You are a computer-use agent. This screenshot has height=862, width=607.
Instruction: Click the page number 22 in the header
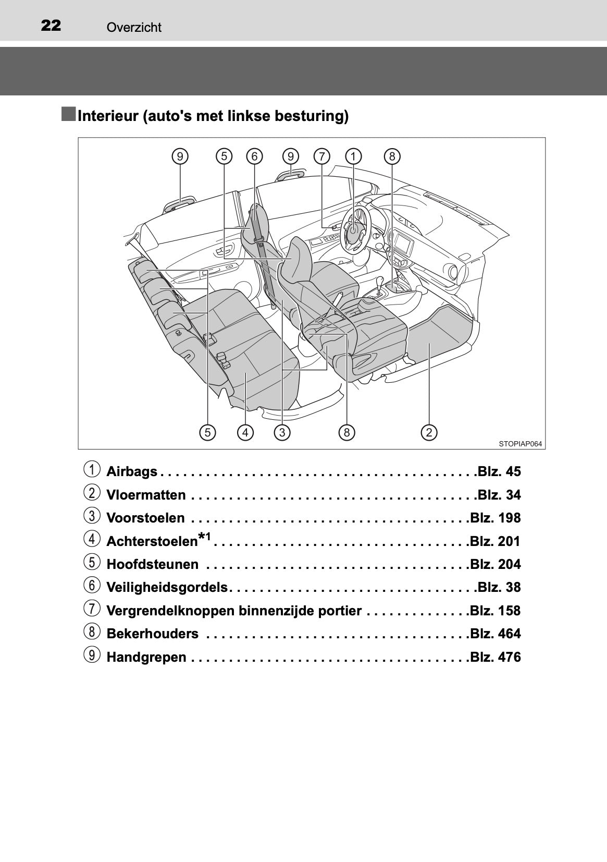click(x=51, y=26)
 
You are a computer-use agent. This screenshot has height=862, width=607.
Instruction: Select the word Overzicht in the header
click(x=134, y=27)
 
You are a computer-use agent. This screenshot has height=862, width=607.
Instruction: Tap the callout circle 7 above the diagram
click(x=322, y=156)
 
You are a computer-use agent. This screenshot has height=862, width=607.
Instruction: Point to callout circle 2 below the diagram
click(x=429, y=432)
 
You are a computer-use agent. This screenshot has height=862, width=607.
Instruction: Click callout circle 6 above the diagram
click(x=254, y=156)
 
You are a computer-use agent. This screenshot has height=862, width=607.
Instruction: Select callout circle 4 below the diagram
click(x=245, y=432)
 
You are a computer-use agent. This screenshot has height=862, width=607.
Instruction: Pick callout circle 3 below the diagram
click(x=282, y=432)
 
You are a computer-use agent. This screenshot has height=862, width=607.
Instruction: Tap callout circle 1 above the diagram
click(x=353, y=156)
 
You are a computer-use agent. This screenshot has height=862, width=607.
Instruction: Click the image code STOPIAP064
click(x=520, y=444)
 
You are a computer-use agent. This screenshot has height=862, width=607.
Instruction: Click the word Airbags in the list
click(x=132, y=472)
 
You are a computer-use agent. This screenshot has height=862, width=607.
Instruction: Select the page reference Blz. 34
click(x=499, y=495)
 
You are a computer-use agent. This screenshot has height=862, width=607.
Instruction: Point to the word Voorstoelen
click(x=145, y=518)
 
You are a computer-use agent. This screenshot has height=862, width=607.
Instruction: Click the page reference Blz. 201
click(x=495, y=541)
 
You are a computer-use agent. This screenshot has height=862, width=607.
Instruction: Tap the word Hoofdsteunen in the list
click(x=152, y=564)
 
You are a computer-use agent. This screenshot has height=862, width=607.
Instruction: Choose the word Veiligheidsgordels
click(x=167, y=588)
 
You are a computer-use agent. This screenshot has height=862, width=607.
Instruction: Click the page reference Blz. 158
click(x=495, y=611)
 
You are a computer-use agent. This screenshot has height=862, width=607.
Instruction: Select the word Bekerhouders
click(x=152, y=634)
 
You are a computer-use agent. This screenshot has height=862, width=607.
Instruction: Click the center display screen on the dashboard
click(x=402, y=241)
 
